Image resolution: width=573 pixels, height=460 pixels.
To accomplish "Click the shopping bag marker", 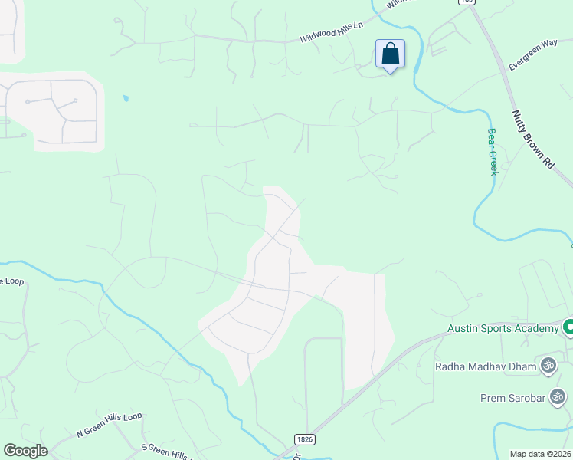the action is (390, 55).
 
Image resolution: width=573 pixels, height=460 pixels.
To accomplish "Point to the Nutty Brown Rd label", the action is (532, 139).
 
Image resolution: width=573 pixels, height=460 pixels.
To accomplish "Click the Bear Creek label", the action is (493, 151).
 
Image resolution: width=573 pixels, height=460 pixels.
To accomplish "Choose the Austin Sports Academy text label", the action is (503, 329).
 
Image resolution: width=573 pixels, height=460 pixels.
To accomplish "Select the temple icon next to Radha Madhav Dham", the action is (548, 365).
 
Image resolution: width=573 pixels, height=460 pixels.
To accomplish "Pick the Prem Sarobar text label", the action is (510, 397).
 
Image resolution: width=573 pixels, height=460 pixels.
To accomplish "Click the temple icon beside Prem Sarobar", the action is (558, 396).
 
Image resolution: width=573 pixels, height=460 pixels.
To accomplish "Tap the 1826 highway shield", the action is (305, 437).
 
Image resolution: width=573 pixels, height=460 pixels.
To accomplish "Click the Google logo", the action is (25, 450).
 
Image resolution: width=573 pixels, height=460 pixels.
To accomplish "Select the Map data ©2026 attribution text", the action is (539, 454).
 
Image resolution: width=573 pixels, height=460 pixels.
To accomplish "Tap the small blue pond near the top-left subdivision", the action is (125, 98).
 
